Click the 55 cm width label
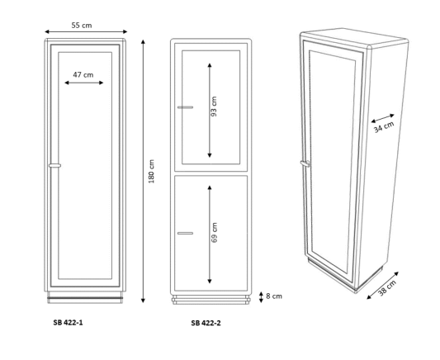point(82,26)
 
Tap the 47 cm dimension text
point(83,75)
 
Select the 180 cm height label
point(151,171)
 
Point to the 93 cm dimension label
point(214,107)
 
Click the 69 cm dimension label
point(214,233)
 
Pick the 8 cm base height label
point(274,296)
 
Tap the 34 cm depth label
point(384,126)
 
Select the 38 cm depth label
point(387,288)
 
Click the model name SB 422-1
point(69,323)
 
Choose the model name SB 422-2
point(206,323)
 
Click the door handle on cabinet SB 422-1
point(54,165)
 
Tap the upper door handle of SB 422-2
point(185,107)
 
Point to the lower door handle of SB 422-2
point(185,233)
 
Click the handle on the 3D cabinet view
point(305,163)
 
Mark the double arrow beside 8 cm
point(261,297)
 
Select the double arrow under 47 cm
point(84,83)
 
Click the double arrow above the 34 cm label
point(383,118)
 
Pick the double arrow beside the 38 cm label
point(383,286)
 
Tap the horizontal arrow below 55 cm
point(86,31)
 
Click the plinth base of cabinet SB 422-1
point(85,297)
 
